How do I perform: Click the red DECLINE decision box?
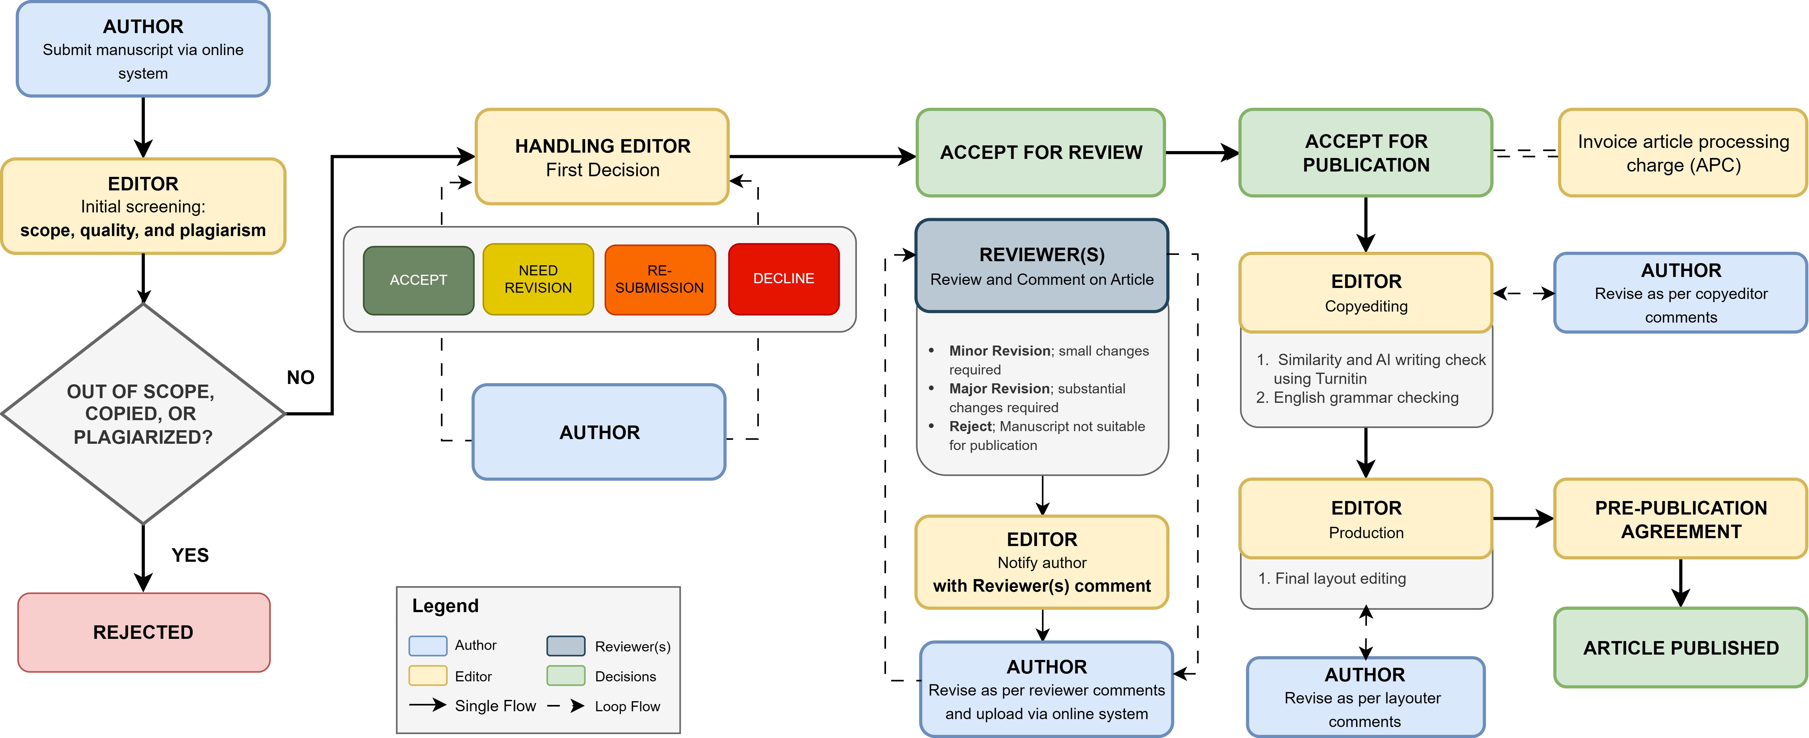784,279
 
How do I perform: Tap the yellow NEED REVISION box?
538,279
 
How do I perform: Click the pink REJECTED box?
143,632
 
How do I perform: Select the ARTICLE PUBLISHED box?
1681,647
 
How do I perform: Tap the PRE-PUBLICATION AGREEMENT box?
1681,519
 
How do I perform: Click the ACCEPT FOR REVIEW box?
1041,152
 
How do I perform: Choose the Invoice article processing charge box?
1683,152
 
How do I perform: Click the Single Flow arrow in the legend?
428,705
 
